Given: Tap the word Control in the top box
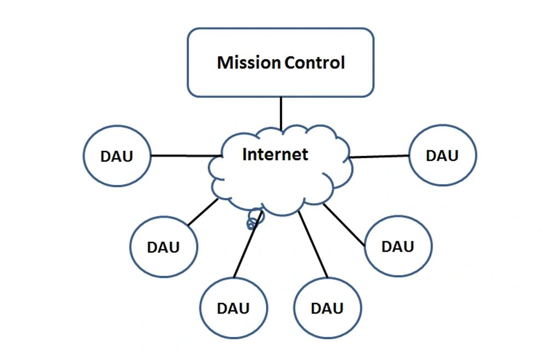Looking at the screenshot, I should [315, 62].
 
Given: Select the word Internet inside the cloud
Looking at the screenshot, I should [275, 154].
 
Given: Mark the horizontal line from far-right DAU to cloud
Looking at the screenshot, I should [379, 156].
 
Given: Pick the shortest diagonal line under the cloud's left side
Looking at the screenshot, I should [203, 212].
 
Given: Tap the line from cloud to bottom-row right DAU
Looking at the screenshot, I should [313, 245].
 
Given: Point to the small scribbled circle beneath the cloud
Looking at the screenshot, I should [253, 219].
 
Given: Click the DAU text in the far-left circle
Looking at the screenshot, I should [117, 156].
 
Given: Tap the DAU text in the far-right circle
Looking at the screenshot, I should [442, 155].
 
